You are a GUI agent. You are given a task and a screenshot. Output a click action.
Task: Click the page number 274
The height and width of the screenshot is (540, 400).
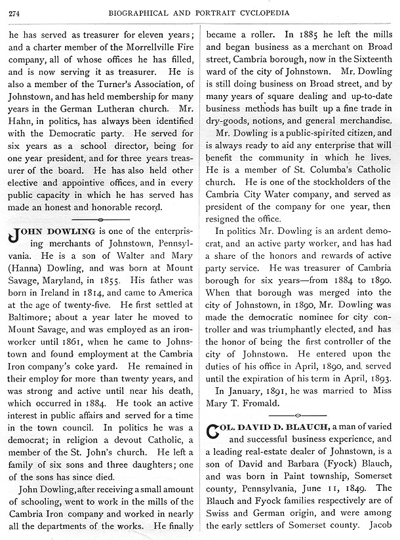click(14, 9)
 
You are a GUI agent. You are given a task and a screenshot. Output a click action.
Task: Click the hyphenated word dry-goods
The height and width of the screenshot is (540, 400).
click(230, 122)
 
